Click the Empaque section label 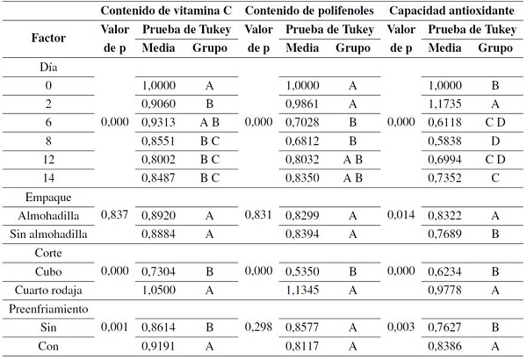pyautogui.click(x=48, y=197)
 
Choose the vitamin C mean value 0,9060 pyautogui.click(x=158, y=103)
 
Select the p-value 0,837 pyautogui.click(x=116, y=214)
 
